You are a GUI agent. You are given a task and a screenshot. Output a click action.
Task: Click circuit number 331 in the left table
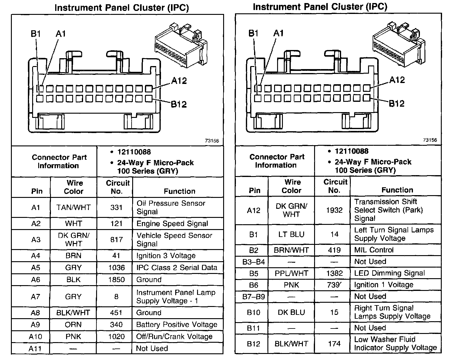116,208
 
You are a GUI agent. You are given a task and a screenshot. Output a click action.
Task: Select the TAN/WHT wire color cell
73,208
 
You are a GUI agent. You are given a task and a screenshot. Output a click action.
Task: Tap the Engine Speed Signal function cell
172,224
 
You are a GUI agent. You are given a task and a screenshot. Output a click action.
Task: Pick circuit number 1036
116,268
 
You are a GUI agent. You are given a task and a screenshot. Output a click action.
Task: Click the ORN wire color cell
73,325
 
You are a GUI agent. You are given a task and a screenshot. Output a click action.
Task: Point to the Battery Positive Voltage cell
177,325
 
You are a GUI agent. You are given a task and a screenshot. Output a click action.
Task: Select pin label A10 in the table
35,337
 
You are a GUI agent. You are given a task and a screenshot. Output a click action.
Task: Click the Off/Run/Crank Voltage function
174,337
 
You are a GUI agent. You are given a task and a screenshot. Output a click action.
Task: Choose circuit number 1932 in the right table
334,210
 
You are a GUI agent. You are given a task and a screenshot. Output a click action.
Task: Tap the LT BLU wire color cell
291,234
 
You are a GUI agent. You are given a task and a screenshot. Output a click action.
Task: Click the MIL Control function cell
374,250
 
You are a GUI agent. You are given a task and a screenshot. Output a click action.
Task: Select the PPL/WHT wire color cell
291,273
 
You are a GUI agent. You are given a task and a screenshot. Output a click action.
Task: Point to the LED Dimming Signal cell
390,273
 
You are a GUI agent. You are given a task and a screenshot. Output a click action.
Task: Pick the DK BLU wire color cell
291,312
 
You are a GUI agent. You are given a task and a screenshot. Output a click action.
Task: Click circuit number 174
334,344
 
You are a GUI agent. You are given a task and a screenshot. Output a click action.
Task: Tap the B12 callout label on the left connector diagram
179,104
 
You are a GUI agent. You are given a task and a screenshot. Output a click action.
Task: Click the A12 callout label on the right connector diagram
397,80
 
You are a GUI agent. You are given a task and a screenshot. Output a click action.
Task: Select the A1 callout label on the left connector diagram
61,34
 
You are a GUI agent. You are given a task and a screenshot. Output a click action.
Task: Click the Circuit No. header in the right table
335,186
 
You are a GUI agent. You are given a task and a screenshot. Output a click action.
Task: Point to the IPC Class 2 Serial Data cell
177,268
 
